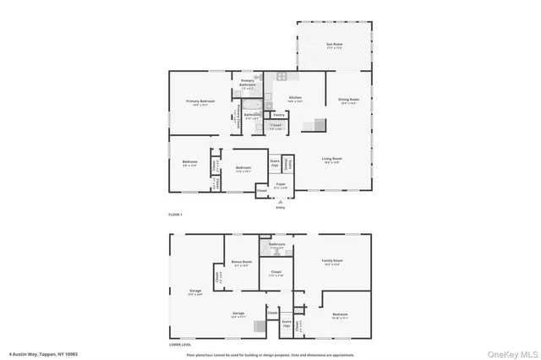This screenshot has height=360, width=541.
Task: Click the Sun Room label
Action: click(335, 45)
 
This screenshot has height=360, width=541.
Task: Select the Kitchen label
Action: click(295, 99)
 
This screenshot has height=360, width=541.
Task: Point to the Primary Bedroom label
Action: click(201, 102)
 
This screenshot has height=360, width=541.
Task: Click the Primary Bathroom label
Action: click(248, 84)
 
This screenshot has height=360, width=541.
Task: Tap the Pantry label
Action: click(279, 115)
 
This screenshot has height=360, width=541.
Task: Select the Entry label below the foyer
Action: click(280, 207)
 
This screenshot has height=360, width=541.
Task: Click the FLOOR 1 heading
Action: click(176, 215)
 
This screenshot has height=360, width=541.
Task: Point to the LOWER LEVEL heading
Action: click(180, 345)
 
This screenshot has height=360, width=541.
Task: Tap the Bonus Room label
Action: click(242, 263)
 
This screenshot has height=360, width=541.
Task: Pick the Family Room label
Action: click(332, 262)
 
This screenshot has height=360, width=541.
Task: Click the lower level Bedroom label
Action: click(339, 315)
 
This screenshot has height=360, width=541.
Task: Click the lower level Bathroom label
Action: click(277, 245)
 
